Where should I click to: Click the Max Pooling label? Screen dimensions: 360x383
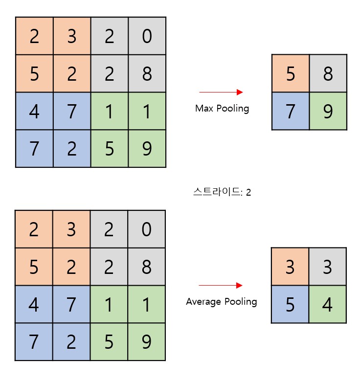tap(222, 108)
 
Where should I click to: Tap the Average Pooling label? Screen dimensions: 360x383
tap(221, 301)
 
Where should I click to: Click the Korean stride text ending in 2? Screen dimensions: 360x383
tap(222, 192)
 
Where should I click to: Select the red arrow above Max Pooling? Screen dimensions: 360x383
tap(221, 92)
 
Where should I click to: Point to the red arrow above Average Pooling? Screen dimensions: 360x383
tap(221, 285)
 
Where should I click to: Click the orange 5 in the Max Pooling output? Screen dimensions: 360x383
tap(291, 74)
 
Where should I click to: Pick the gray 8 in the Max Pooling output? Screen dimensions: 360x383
tap(328, 74)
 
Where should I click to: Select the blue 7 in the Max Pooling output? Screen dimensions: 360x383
tap(291, 111)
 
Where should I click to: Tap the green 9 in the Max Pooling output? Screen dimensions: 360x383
tap(328, 111)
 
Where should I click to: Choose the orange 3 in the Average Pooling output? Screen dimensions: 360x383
tap(290, 267)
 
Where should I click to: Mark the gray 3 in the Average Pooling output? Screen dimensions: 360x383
tap(327, 267)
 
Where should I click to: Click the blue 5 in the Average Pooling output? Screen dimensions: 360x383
tap(290, 304)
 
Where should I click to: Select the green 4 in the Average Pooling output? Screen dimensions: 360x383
tap(327, 304)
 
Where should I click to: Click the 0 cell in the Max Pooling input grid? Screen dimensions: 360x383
tap(147, 36)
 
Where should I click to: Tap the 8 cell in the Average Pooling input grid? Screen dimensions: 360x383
tap(146, 267)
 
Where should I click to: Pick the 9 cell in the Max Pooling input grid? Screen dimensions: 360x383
tap(147, 148)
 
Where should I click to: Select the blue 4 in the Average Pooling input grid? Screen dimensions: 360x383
tap(34, 304)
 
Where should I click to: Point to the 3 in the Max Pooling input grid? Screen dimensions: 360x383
tap(72, 36)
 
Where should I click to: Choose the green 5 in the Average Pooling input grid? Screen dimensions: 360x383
tap(109, 342)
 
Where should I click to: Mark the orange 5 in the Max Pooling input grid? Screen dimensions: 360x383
tap(34, 74)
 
